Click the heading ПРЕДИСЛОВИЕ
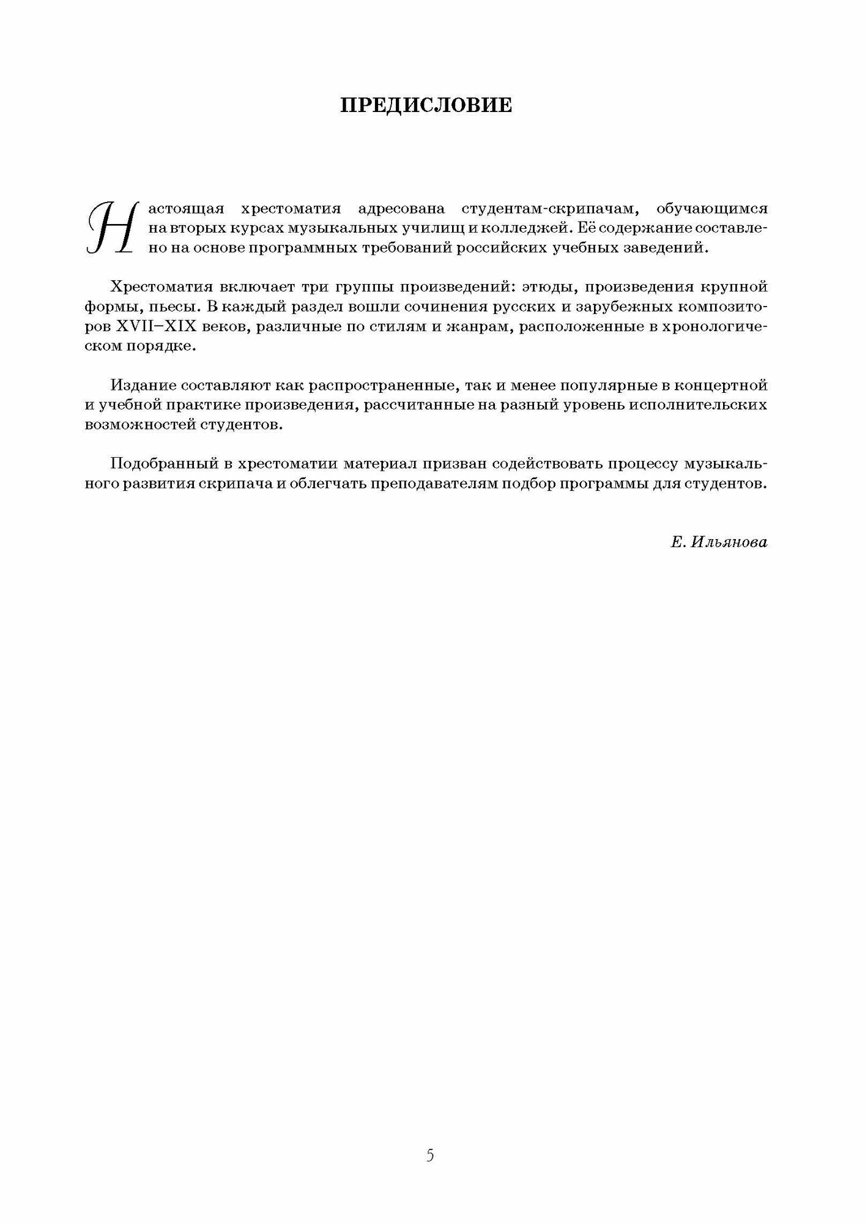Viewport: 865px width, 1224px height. (x=426, y=106)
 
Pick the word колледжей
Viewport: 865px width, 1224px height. (x=514, y=228)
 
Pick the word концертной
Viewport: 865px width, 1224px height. (x=722, y=386)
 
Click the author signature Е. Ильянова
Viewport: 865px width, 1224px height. (x=718, y=542)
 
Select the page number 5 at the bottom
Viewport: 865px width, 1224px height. (x=430, y=1138)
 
